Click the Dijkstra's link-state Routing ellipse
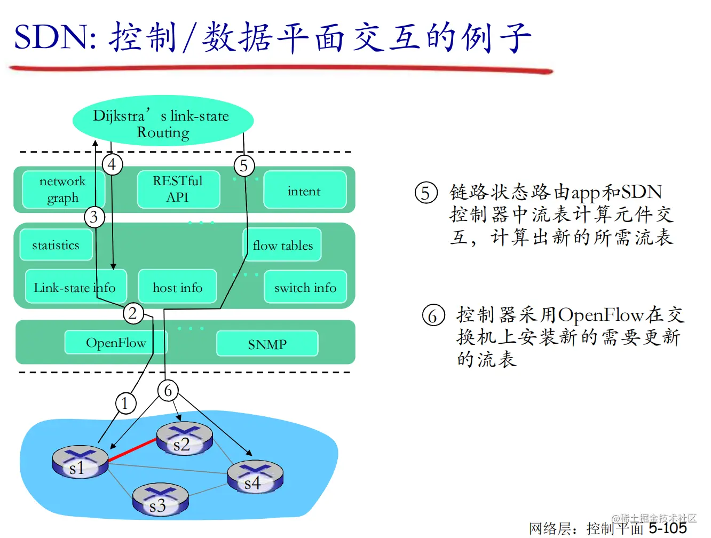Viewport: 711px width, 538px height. (x=163, y=122)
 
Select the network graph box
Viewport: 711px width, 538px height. (x=62, y=189)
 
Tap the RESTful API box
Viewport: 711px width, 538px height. (x=178, y=189)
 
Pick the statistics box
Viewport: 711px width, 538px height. (x=56, y=245)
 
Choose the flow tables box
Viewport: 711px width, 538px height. (x=283, y=245)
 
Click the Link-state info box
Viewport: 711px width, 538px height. (x=75, y=287)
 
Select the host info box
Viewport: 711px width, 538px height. (x=178, y=287)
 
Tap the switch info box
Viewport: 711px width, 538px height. (x=305, y=287)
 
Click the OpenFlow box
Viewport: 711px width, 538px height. (x=116, y=343)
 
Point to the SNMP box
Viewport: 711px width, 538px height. (x=267, y=344)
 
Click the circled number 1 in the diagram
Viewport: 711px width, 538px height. (x=125, y=403)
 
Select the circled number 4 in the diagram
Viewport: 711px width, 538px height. (x=112, y=164)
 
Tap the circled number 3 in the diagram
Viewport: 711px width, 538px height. (x=94, y=217)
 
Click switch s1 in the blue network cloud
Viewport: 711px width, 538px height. (x=80, y=462)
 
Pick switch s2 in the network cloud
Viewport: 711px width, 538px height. (x=184, y=439)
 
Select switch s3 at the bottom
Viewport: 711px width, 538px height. (x=160, y=500)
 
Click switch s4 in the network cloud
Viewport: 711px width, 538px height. (x=255, y=477)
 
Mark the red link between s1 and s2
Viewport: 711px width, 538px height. (x=132, y=449)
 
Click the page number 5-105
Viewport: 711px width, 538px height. (x=667, y=528)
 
